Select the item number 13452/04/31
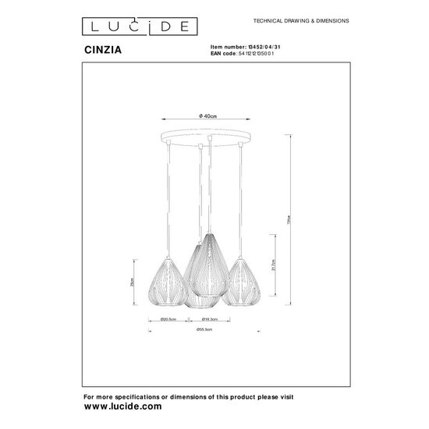[x=242, y=46]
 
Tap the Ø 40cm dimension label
[x=207, y=115]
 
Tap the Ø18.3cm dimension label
[x=208, y=319]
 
